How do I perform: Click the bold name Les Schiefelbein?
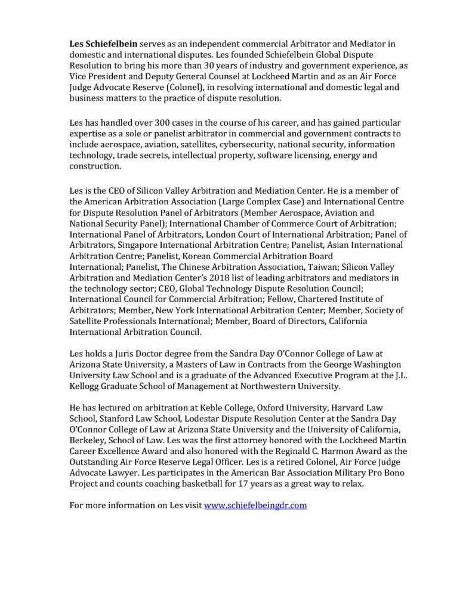102,45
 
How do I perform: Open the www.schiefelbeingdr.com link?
255,505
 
